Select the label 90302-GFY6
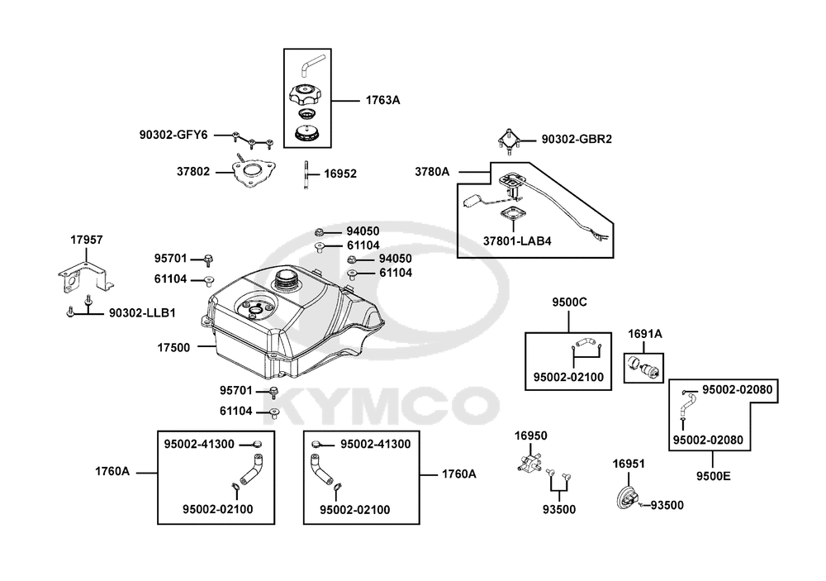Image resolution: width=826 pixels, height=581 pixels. click(173, 134)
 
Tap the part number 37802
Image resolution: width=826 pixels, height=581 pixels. click(193, 172)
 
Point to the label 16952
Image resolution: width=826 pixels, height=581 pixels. click(339, 174)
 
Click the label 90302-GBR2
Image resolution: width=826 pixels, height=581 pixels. click(577, 140)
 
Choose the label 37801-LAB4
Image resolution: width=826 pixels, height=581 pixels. click(518, 241)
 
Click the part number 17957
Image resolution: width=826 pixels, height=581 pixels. click(87, 240)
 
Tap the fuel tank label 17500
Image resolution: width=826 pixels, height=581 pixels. click(173, 347)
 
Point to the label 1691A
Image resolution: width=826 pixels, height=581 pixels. click(644, 335)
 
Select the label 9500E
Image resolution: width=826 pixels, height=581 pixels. click(713, 476)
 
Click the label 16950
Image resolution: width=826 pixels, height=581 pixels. click(531, 435)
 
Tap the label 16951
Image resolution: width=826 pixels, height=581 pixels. click(628, 464)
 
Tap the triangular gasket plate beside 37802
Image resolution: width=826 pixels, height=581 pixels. click(254, 173)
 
